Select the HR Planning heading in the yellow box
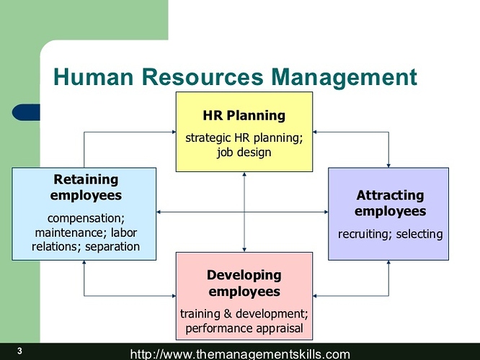click(244, 115)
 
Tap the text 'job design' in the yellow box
click(244, 152)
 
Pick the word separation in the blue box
click(112, 247)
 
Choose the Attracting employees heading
click(390, 203)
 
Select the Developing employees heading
click(244, 283)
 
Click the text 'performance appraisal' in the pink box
click(244, 328)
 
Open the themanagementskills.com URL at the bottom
click(240, 354)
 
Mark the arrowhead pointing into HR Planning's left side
click(173, 132)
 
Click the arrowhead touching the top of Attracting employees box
click(388, 165)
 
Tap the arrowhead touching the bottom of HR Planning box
click(244, 175)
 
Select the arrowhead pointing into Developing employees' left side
click(173, 296)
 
